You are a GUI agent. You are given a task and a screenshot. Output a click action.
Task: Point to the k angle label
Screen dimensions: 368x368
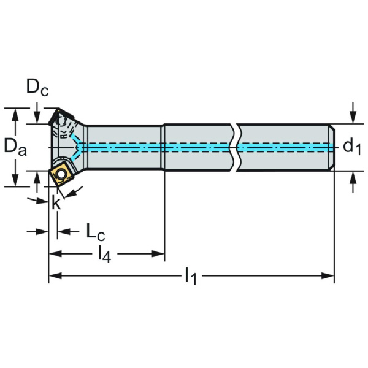pos(56,203)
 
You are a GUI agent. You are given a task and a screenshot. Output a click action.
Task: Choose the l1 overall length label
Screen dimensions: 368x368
pos(191,277)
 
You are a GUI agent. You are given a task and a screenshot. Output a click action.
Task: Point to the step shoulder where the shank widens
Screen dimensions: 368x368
pos(164,147)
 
